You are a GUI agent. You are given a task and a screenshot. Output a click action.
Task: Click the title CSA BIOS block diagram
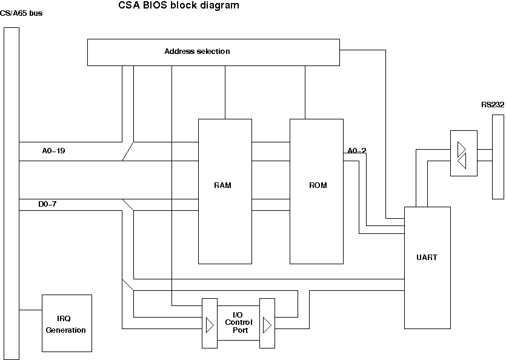click(x=178, y=6)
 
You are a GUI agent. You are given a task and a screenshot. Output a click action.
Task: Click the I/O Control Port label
click(x=238, y=322)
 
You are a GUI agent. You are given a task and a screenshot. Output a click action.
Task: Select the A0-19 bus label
click(x=53, y=151)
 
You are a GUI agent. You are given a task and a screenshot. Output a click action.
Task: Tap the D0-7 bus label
click(x=47, y=204)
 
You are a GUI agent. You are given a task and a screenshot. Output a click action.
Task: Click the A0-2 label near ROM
click(x=356, y=151)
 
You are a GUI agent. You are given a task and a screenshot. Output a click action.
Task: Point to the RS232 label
click(x=493, y=105)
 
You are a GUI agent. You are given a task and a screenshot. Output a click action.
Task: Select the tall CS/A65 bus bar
click(x=11, y=194)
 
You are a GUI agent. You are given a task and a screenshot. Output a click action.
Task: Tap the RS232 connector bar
click(x=498, y=158)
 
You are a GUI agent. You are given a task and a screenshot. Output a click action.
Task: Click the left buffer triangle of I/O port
click(x=209, y=325)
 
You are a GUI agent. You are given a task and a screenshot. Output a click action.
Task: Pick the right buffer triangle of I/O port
click(x=267, y=325)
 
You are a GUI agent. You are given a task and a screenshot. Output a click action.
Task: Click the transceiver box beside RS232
click(x=463, y=155)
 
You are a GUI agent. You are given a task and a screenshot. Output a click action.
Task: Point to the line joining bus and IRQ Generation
click(x=30, y=310)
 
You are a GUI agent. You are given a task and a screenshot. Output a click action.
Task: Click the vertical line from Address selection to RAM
click(x=225, y=92)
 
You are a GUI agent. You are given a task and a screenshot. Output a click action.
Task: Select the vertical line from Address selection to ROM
click(x=305, y=92)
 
